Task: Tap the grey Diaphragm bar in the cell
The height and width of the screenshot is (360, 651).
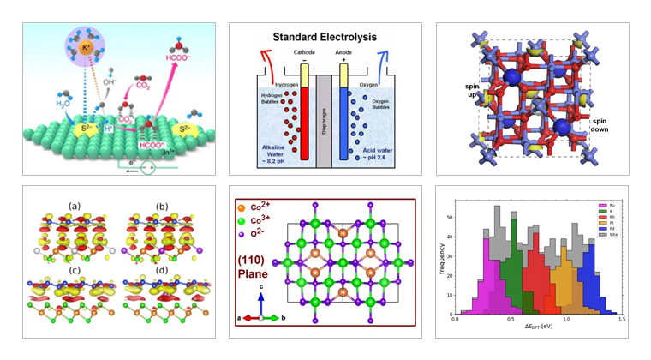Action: pyautogui.click(x=325, y=121)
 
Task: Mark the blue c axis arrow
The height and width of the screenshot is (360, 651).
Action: pyautogui.click(x=260, y=304)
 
